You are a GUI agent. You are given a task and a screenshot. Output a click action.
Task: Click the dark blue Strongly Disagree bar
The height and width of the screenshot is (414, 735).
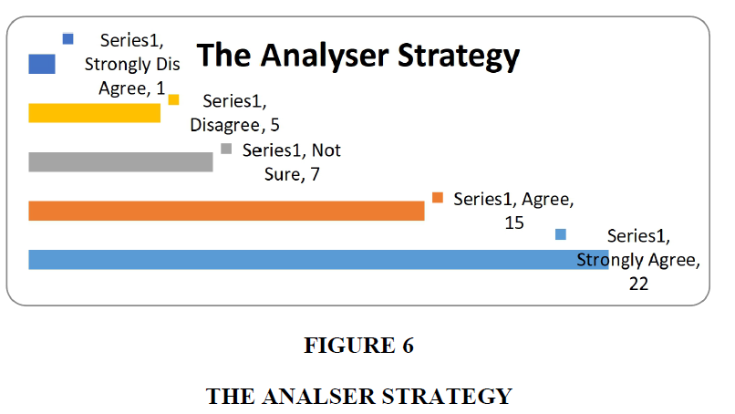coord(42,64)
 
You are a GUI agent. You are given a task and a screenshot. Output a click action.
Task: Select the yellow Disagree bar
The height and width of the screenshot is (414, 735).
coord(94,113)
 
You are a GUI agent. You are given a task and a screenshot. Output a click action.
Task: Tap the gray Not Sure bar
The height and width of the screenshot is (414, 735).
coord(120,161)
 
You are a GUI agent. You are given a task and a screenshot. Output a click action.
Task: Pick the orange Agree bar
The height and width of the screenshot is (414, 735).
coord(226,211)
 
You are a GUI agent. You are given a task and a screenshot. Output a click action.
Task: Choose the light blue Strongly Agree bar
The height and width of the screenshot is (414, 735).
coord(319,260)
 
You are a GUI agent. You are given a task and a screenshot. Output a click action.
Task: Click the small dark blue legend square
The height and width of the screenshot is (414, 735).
coord(68,39)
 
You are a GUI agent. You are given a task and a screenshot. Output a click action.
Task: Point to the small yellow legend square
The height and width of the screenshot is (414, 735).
coord(173,99)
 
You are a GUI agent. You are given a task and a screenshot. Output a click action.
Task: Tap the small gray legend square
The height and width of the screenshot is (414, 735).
coord(226,149)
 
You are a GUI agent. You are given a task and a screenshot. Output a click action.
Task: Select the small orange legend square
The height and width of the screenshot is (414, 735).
coord(438,197)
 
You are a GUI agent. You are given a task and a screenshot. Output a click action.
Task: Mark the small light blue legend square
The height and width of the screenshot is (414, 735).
coord(561,234)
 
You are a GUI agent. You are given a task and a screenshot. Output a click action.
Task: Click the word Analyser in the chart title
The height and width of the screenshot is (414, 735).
coord(325,57)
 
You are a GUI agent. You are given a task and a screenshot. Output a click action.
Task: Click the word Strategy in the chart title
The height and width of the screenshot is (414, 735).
coord(459,57)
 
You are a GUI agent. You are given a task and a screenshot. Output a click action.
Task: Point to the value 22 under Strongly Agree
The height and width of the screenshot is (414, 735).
coord(638,284)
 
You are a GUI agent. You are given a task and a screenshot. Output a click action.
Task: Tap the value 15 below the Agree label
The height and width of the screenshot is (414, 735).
coord(514,223)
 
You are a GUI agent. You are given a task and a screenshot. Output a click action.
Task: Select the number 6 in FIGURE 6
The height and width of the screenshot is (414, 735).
coord(408,346)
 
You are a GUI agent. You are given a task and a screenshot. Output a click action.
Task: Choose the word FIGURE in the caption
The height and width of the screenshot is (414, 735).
coord(349,346)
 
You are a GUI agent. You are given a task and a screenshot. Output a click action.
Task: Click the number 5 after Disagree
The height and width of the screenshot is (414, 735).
coord(274,125)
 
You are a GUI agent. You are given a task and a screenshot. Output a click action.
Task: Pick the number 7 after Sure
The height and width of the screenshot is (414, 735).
coord(315,174)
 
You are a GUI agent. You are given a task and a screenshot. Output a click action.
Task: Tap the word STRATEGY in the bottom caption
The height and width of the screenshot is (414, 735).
coord(447,396)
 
